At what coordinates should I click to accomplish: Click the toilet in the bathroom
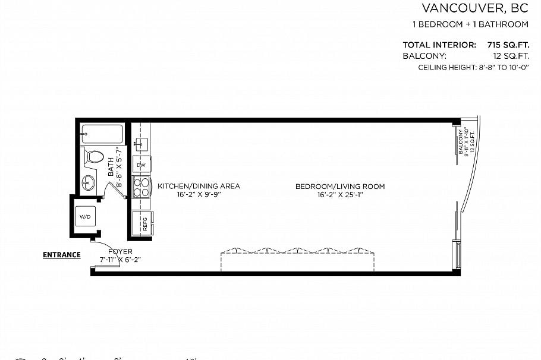pyautogui.click(x=93, y=157)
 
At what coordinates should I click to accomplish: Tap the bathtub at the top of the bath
pyautogui.click(x=102, y=134)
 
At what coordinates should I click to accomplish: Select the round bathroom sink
pyautogui.click(x=89, y=182)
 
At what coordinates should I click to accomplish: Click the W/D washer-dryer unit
pyautogui.click(x=86, y=217)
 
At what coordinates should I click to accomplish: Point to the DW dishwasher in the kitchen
pyautogui.click(x=141, y=165)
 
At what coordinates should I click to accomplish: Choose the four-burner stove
pyautogui.click(x=141, y=187)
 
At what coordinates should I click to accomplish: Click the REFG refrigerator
pyautogui.click(x=143, y=224)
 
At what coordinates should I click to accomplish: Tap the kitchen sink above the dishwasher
pyautogui.click(x=141, y=143)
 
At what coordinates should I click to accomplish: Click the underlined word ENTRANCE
pyautogui.click(x=61, y=255)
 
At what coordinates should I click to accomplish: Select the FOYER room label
pyautogui.click(x=120, y=251)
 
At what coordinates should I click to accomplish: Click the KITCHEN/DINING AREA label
pyautogui.click(x=199, y=186)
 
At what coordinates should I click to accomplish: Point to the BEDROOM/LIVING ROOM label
pyautogui.click(x=340, y=186)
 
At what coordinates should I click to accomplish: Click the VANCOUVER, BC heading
pyautogui.click(x=474, y=8)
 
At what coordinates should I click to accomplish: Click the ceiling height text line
pyautogui.click(x=473, y=68)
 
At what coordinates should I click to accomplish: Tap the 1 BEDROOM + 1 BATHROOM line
pyautogui.click(x=470, y=24)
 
